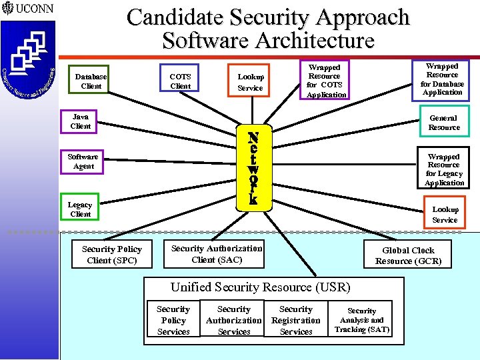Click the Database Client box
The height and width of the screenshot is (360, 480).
click(x=91, y=81)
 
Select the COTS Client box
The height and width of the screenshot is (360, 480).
click(x=180, y=81)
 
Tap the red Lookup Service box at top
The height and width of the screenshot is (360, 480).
click(x=250, y=82)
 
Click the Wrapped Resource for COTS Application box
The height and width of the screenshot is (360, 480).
click(x=324, y=81)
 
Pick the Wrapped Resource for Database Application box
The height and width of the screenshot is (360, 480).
click(x=442, y=79)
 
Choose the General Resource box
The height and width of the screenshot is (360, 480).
click(x=444, y=123)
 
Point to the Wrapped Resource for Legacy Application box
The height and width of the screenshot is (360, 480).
click(x=443, y=170)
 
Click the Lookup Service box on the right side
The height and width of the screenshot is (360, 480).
click(x=445, y=215)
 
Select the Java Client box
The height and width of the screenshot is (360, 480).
click(x=81, y=121)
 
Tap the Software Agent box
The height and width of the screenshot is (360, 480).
click(x=83, y=161)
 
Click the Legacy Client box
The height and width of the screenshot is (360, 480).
click(x=81, y=209)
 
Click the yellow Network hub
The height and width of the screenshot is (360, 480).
click(x=253, y=167)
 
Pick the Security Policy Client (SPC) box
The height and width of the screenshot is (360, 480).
click(x=112, y=255)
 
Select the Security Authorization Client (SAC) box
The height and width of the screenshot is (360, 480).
click(x=217, y=254)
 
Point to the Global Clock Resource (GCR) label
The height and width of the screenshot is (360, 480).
click(x=408, y=256)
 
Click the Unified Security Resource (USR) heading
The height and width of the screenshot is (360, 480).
click(x=260, y=287)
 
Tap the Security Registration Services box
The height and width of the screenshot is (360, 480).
click(x=296, y=321)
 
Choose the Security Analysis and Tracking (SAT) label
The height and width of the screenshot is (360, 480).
click(x=362, y=321)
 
